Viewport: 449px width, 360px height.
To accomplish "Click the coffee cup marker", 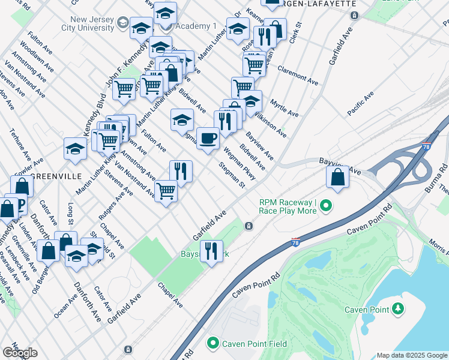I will [x=208, y=139].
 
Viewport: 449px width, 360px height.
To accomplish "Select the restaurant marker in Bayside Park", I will [x=211, y=251].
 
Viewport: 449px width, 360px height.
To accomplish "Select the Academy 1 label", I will [x=196, y=26].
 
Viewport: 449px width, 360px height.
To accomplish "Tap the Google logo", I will [x=20, y=353].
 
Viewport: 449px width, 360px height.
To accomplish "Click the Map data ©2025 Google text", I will [x=411, y=355].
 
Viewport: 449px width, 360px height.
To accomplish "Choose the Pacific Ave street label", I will [x=360, y=104].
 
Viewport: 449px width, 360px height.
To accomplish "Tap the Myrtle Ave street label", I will [x=284, y=108].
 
